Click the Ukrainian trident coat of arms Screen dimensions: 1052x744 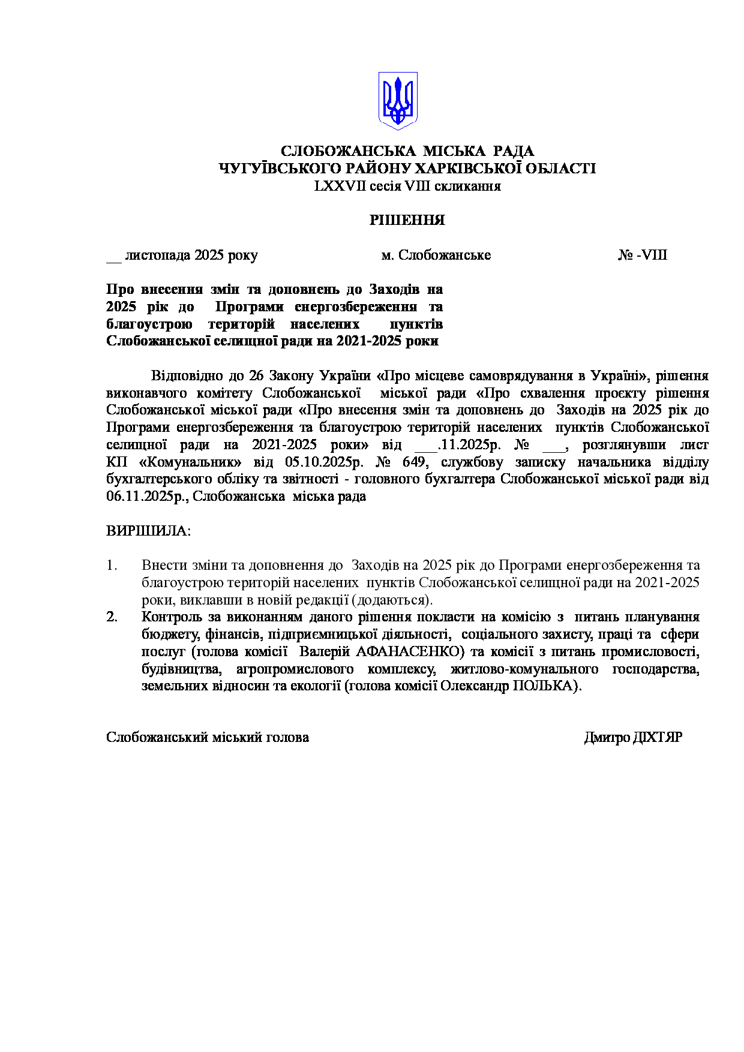397,101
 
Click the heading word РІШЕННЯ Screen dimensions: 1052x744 407,220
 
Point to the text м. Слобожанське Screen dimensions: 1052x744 436,256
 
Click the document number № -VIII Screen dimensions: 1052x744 643,256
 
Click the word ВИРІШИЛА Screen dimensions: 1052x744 148,531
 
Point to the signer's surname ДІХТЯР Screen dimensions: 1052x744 658,738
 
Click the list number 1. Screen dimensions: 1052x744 111,566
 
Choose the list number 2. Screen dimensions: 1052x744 112,617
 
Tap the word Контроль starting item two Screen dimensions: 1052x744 172,617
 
